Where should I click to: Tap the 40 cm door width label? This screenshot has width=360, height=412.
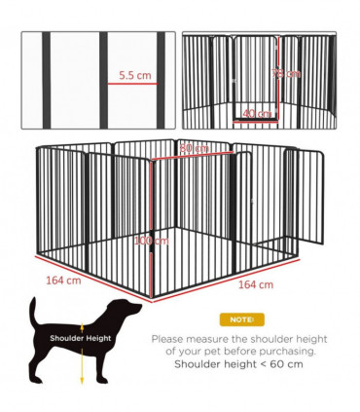pyautogui.click(x=258, y=114)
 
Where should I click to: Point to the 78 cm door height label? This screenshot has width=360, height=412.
pyautogui.click(x=288, y=74)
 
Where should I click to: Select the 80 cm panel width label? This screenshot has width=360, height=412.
pyautogui.click(x=195, y=148)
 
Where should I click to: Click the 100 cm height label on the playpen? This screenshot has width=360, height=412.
pyautogui.click(x=152, y=240)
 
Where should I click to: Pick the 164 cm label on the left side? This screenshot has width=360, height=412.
pyautogui.click(x=62, y=281)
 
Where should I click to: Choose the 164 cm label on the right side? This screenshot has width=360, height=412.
pyautogui.click(x=256, y=284)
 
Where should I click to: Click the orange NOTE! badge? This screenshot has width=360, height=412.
pyautogui.click(x=239, y=319)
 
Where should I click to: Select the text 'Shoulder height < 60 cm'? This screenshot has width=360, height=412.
pyautogui.click(x=239, y=364)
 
